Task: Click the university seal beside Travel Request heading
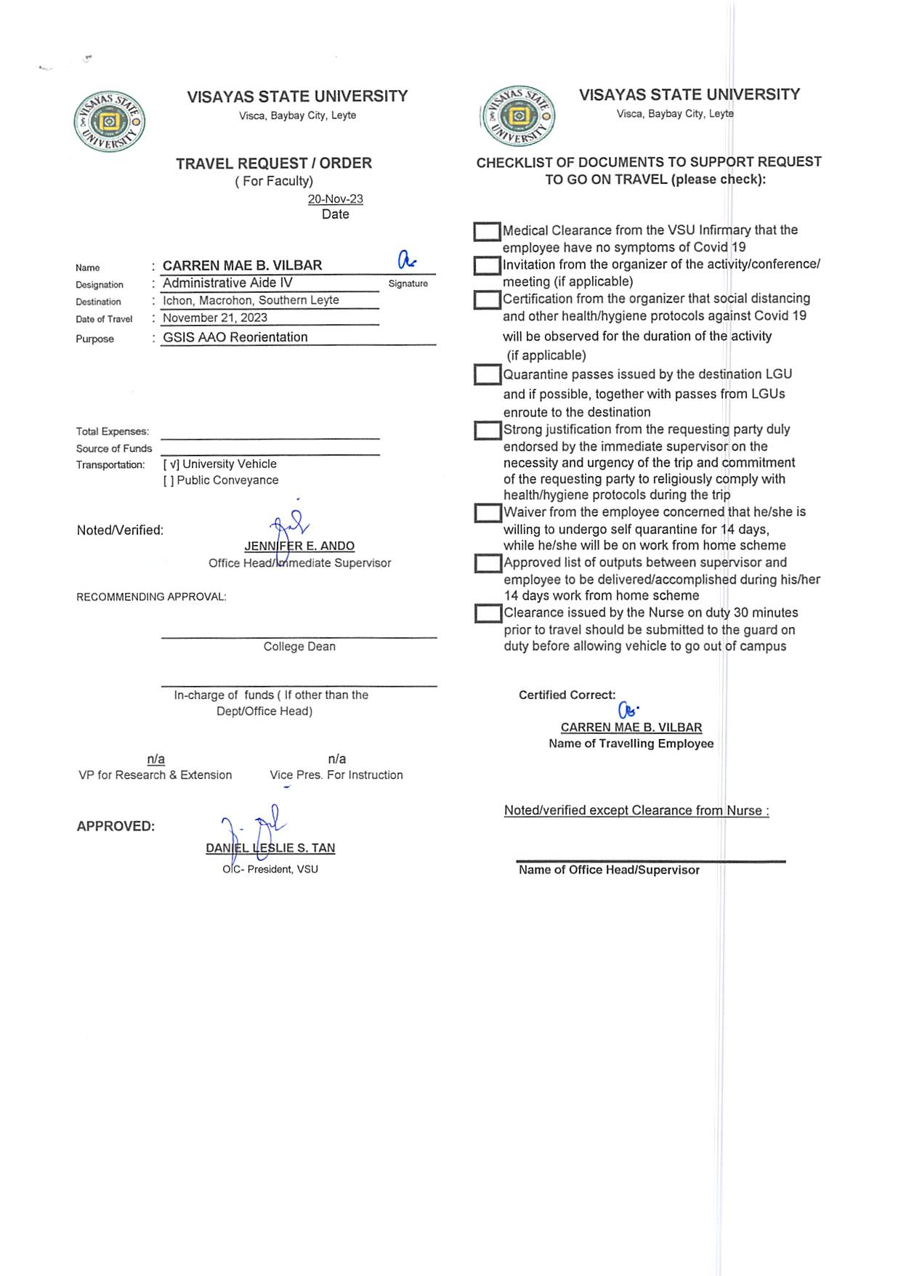pos(109,121)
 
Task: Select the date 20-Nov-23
pos(335,199)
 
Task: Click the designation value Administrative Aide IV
pos(227,283)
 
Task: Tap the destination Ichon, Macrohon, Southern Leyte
pos(251,300)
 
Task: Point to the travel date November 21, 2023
pos(215,318)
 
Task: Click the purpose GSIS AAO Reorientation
pos(235,337)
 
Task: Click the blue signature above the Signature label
pos(407,259)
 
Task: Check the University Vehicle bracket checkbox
pos(171,464)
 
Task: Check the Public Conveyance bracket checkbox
pos(169,480)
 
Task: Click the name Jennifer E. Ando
pos(299,546)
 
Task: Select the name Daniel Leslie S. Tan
pos(270,848)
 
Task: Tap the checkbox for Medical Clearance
pos(487,232)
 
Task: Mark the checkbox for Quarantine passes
pos(488,375)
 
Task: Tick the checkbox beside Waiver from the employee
pos(488,513)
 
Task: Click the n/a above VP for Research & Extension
pos(155,759)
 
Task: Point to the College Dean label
pos(299,647)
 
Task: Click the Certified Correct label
pos(567,695)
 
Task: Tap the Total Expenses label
pos(113,432)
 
